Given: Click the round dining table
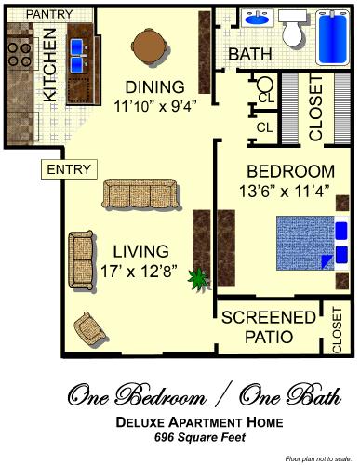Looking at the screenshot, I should point(150,44).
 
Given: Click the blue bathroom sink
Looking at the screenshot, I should point(255,19).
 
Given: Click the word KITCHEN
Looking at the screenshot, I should point(49,67).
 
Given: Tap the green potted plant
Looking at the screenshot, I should point(197,278).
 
